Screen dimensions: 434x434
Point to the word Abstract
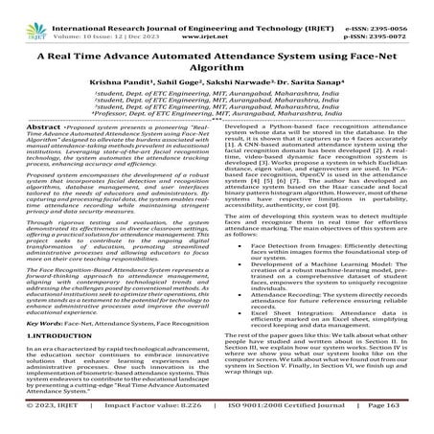point(61,151)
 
